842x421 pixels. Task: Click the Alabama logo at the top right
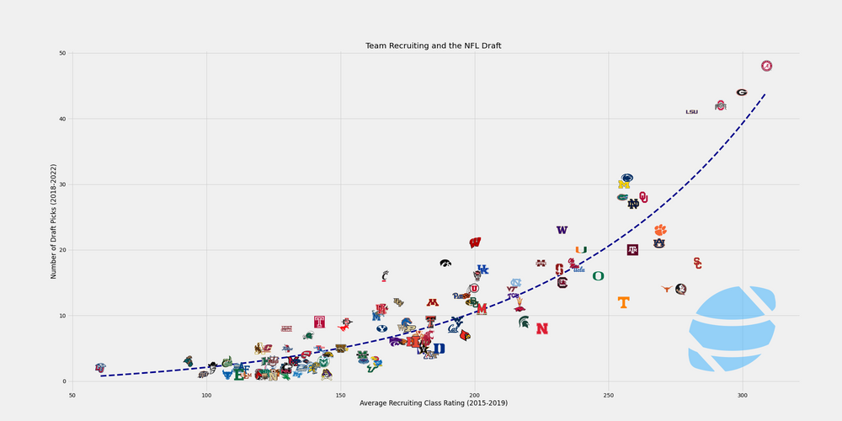[766, 66]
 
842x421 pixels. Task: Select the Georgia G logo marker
[741, 93]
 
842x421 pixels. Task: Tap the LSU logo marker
[691, 112]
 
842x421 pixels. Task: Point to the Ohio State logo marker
[720, 106]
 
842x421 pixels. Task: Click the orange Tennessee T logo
[623, 302]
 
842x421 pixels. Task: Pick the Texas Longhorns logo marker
[667, 289]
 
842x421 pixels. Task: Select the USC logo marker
[697, 264]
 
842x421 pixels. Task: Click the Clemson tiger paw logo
[660, 230]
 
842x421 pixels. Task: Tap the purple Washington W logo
[562, 230]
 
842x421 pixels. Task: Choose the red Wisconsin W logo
[475, 242]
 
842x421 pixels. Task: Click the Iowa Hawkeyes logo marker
[445, 264]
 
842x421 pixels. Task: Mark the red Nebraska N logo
[541, 328]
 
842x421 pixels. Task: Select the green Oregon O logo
[598, 276]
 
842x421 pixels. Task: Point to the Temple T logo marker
[319, 322]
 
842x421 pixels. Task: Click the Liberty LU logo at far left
[100, 368]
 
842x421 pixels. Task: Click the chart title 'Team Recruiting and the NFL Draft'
[433, 45]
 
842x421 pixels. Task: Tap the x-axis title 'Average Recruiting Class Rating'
[433, 403]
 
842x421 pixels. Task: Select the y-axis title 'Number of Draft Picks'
[54, 216]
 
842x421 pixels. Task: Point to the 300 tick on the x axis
[742, 394]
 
